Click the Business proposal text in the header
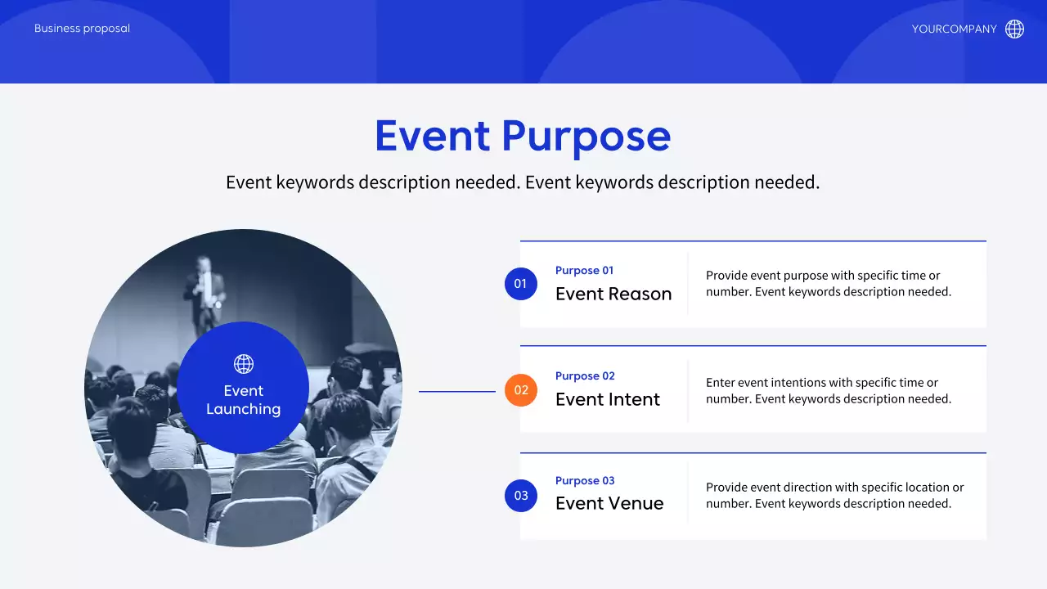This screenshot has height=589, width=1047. coord(83,29)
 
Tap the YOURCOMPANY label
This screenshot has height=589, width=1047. coord(954,29)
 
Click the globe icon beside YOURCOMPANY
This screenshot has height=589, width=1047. coord(1014,29)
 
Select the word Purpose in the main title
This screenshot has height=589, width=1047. coord(586,137)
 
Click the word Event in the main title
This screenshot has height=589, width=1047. coord(433,136)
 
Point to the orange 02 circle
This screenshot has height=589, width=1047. coord(521,390)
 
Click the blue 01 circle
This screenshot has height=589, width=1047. coord(521,284)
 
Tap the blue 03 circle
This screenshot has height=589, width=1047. coord(521,496)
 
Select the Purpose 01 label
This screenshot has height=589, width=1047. coord(584,271)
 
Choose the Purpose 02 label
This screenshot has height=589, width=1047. coord(585,376)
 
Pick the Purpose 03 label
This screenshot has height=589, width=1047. coord(585,481)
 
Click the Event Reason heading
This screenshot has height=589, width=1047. coord(613,294)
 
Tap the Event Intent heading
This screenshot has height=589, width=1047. coord(608,400)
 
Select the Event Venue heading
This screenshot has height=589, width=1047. coord(609,503)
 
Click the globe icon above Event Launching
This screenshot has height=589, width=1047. coord(244,364)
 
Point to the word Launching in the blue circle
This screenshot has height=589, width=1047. coord(244,410)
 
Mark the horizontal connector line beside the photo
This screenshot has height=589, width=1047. coord(457,391)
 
